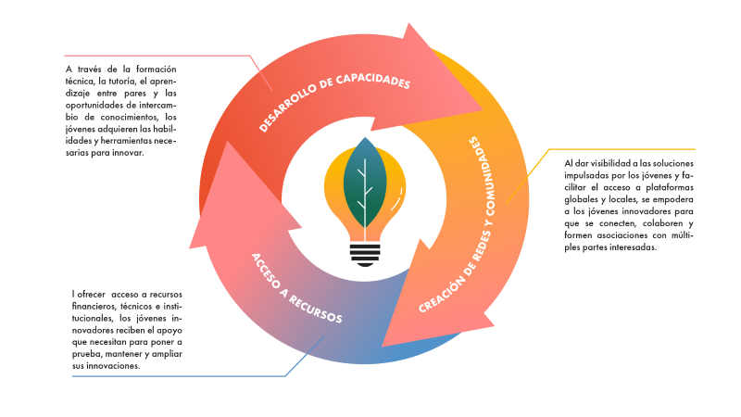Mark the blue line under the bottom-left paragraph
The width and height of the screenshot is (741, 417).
(x=176, y=376)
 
